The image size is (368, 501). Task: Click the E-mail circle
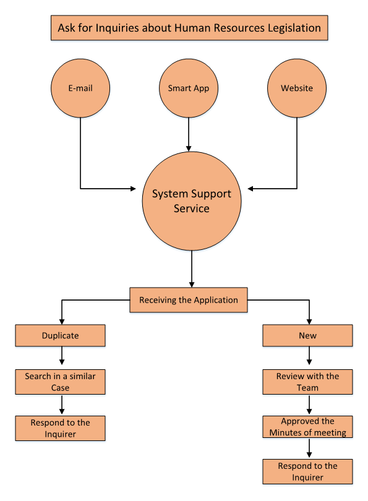click(x=80, y=88)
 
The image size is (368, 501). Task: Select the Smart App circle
click(x=189, y=88)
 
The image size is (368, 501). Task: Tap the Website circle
click(x=297, y=88)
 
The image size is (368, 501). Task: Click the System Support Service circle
click(x=192, y=201)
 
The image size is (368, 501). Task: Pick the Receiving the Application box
click(x=189, y=300)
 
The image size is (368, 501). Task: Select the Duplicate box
click(x=61, y=335)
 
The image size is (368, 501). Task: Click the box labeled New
click(x=307, y=335)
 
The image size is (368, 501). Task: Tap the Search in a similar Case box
click(x=61, y=382)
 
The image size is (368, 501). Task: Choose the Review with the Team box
click(x=307, y=382)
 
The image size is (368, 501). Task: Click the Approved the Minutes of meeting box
click(x=307, y=427)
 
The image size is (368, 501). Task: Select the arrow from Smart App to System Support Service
click(x=189, y=134)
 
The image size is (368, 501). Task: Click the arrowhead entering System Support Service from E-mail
click(x=134, y=189)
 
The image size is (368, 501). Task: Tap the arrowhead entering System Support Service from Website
click(x=250, y=189)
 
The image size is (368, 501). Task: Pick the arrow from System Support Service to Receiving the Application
click(x=192, y=269)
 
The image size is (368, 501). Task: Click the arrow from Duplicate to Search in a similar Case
click(x=62, y=356)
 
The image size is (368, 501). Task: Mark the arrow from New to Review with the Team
click(x=309, y=356)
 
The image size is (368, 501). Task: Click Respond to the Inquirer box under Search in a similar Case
click(x=61, y=429)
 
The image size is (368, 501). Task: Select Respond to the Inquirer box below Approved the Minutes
click(x=307, y=471)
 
